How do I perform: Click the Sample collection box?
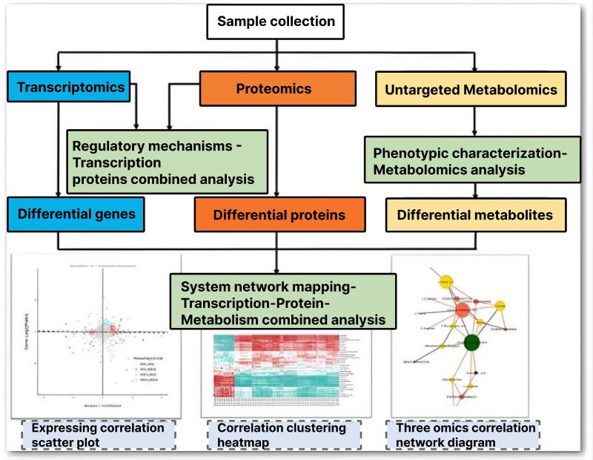pyautogui.click(x=276, y=22)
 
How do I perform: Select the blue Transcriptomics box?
pyautogui.click(x=70, y=88)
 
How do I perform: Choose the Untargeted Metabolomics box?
pyautogui.click(x=471, y=91)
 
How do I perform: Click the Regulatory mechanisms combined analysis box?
pyautogui.click(x=167, y=162)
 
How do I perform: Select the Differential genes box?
pyautogui.click(x=76, y=214)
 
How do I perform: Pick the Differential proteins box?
pyautogui.click(x=279, y=215)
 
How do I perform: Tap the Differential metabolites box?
pyautogui.click(x=475, y=215)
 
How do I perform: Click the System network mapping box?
pyautogui.click(x=282, y=301)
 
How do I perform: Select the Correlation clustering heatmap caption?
pyautogui.click(x=281, y=435)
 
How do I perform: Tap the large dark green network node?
pyautogui.click(x=471, y=343)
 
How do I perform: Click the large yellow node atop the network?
pyautogui.click(x=445, y=281)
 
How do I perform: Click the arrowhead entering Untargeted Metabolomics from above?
pyautogui.click(x=474, y=68)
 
